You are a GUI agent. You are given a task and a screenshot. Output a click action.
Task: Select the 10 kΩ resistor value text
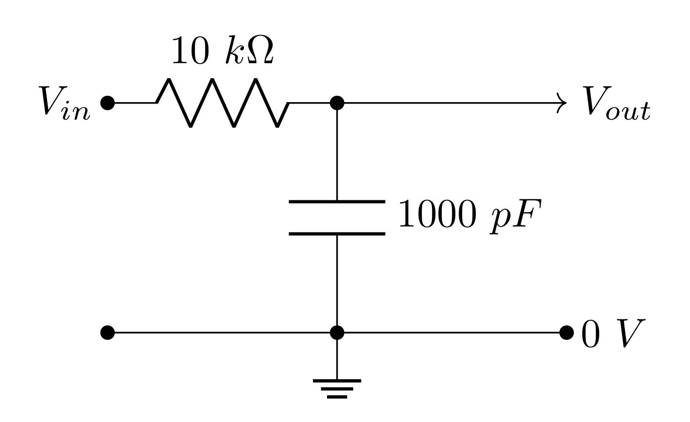222,52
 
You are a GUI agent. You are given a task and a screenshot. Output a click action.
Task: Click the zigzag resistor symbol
223,103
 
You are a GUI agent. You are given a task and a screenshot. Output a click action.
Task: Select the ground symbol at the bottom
337,388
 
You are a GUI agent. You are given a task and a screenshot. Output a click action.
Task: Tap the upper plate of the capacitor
337,201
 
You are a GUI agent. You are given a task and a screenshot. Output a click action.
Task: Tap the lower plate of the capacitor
337,234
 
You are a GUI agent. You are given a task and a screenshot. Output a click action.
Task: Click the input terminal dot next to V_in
107,103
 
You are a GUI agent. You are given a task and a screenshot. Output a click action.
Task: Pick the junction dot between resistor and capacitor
337,103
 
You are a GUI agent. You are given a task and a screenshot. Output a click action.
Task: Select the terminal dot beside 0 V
567,333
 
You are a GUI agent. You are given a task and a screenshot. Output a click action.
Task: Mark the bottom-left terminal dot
107,333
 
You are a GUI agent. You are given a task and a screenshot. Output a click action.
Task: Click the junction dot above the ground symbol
337,333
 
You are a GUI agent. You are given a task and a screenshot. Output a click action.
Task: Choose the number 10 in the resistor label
190,52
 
